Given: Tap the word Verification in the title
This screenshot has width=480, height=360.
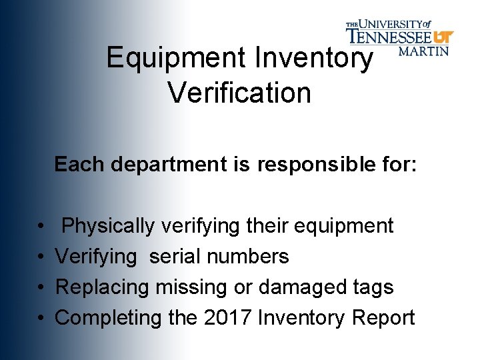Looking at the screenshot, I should tap(239, 93).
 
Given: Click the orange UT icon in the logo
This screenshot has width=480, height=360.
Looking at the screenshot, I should tap(443, 36).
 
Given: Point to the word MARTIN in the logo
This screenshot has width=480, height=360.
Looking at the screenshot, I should tap(423, 51).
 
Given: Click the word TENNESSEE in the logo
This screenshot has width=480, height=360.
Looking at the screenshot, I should tap(389, 35).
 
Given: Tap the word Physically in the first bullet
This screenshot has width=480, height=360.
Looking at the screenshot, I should tap(108, 226).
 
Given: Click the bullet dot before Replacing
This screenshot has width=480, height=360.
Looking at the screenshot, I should tap(41, 288).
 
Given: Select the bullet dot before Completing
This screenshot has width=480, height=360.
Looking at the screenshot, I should tap(41, 319).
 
